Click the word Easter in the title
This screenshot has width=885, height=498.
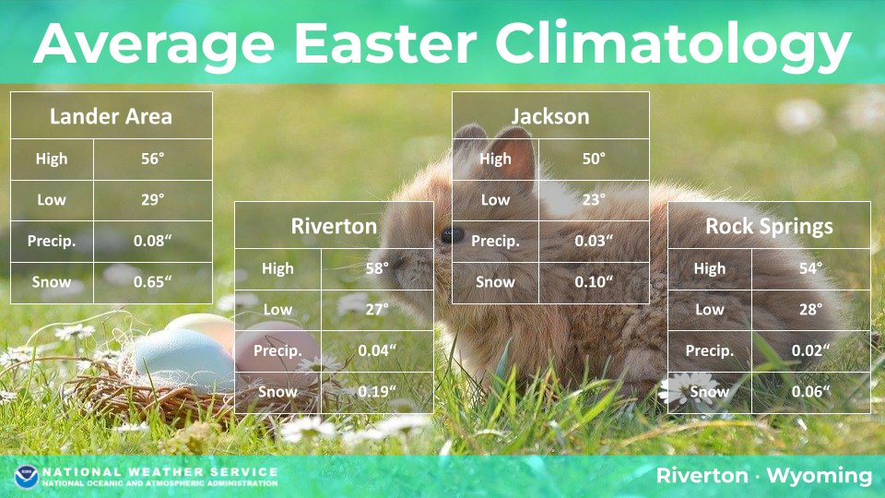(385, 43)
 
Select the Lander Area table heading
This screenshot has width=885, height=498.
(111, 116)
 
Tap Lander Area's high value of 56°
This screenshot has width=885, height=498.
(152, 159)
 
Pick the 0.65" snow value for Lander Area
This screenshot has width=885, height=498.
(152, 282)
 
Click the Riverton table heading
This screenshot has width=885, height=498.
(334, 227)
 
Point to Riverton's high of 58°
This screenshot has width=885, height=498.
(377, 268)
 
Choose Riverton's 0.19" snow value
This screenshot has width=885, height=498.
(377, 391)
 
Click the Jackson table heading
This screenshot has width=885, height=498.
(550, 117)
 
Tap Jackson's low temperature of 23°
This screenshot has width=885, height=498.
(594, 199)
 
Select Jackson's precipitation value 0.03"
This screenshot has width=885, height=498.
(594, 241)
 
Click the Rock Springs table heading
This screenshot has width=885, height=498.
(769, 227)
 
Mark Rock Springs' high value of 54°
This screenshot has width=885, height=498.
(810, 268)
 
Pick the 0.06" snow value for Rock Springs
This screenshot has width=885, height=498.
(810, 391)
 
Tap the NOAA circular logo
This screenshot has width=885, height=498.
(26, 477)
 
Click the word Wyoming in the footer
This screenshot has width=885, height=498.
(820, 476)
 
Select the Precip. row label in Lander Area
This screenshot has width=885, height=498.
(52, 241)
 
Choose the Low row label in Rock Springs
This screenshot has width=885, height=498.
(710, 310)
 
